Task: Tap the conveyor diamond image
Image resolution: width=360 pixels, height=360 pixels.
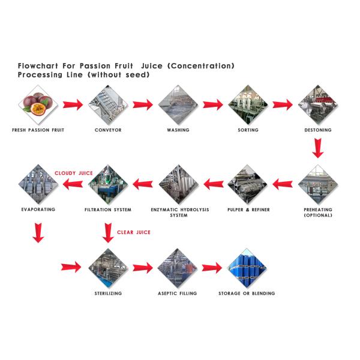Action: pos(108,104)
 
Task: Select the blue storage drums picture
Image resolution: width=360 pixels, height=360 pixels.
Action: pos(247,268)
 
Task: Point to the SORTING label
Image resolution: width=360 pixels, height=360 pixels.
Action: pos(248,130)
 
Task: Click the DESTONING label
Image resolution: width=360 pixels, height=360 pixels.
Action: pos(317,130)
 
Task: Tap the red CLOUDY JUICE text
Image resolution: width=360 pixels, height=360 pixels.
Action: pos(74,173)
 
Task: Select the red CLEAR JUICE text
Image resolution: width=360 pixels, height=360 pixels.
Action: pos(133,232)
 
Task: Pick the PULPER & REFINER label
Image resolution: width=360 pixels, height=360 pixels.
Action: pos(248,209)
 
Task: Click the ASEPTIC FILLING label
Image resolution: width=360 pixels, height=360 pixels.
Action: pos(177,293)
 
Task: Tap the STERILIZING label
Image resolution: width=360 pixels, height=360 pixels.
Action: pos(109,293)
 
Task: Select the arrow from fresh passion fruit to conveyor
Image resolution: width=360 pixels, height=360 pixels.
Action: pos(73,105)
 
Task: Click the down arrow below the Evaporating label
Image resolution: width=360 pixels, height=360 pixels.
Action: pos(38,232)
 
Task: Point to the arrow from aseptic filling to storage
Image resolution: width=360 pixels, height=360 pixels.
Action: pos(212,268)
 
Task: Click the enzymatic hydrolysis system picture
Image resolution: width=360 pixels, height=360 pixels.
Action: pos(178,183)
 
